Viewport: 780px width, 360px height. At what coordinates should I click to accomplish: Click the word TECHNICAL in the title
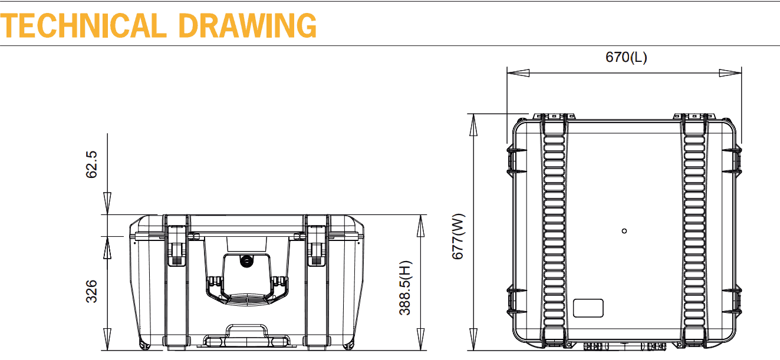pos(83,25)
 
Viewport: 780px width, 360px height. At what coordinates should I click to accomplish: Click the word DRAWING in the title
pos(248,25)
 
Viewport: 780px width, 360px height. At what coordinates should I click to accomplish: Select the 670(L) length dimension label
pos(626,57)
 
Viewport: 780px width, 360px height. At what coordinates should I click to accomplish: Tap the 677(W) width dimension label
pos(458,236)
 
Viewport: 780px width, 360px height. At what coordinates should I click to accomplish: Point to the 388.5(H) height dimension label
pos(405,288)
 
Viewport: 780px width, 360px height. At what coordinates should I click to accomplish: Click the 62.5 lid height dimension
pos(91,164)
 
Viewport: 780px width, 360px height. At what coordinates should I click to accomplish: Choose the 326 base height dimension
pos(91,291)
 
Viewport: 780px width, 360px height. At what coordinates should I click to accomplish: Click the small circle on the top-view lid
pos(624,231)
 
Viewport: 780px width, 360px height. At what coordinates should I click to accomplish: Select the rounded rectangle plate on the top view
pos(588,308)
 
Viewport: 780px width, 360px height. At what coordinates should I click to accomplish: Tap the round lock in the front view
pos(247,261)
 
